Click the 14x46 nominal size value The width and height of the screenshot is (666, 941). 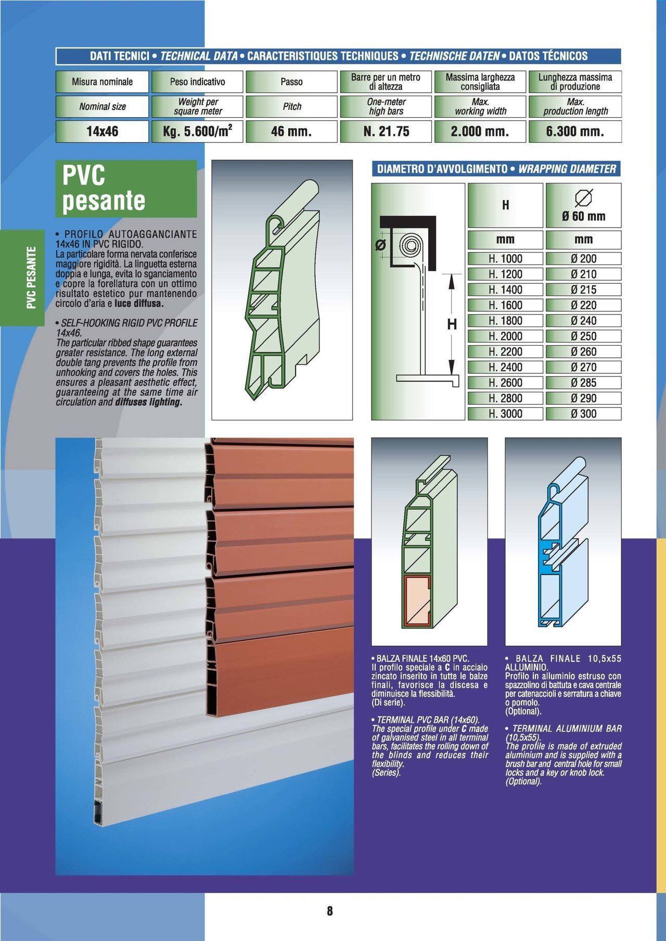click(x=103, y=131)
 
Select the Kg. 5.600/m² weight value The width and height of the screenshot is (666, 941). click(x=197, y=131)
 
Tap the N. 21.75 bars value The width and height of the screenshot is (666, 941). click(x=386, y=131)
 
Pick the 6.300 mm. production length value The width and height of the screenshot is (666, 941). click(x=575, y=131)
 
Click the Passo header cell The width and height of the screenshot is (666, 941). click(x=291, y=82)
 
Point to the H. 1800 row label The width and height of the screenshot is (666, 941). click(x=505, y=321)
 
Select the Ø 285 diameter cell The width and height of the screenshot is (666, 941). click(x=583, y=383)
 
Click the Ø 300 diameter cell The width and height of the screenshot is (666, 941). click(x=583, y=414)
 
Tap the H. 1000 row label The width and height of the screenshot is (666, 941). click(x=505, y=259)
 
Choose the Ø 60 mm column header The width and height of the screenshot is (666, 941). click(x=583, y=205)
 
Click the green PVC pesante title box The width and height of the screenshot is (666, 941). click(x=126, y=189)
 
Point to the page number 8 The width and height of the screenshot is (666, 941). click(x=330, y=911)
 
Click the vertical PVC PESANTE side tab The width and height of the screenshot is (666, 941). click(x=31, y=278)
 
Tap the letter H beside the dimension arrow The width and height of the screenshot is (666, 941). click(x=452, y=324)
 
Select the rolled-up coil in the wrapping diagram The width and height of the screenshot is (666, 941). click(x=412, y=245)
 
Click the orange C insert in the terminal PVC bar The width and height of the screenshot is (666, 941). click(x=417, y=600)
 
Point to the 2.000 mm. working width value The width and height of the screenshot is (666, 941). click(x=480, y=131)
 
